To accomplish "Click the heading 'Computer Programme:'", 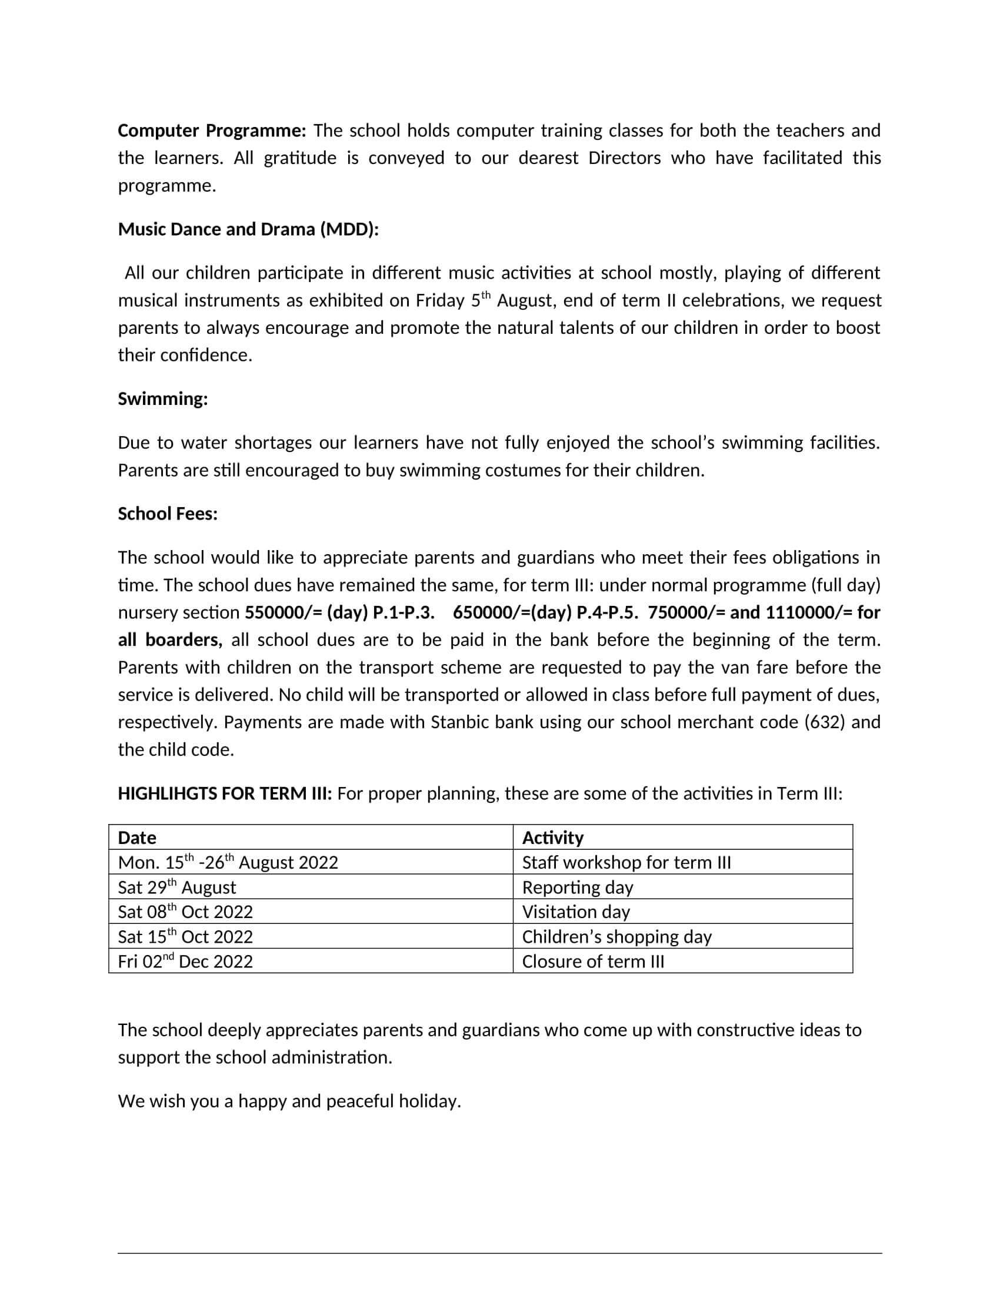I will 212,131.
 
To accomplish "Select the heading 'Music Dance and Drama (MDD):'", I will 248,230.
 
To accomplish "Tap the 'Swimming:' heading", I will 163,400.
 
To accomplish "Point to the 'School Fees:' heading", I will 168,514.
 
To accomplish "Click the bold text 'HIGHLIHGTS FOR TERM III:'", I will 225,794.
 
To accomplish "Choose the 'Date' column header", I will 137,838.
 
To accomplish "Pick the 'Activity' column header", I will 553,838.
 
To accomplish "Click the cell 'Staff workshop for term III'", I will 626,863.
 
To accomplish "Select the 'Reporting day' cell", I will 577,887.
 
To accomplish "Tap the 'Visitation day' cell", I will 576,912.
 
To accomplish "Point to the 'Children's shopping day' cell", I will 616,937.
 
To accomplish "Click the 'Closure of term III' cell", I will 593,962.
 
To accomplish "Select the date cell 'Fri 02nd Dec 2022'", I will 185,962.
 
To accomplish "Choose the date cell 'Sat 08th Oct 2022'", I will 185,912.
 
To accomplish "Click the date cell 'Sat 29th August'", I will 176,887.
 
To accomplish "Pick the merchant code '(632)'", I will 825,723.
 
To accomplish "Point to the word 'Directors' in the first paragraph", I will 624,158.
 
